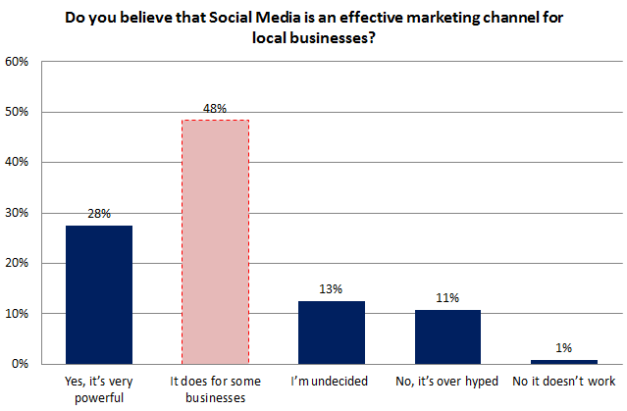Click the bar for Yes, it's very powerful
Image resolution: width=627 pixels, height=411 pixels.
coord(98,294)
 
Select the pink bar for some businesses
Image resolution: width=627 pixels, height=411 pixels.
coord(215,241)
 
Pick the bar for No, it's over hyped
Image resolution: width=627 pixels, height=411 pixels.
coord(447,336)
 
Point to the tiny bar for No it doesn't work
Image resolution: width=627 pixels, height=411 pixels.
coord(564,361)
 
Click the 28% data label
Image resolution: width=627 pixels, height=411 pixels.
coord(98,213)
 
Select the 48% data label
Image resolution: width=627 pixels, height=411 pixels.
coord(215,108)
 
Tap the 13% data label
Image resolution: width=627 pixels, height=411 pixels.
coord(331,288)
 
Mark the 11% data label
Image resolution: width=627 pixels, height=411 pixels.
coord(447,297)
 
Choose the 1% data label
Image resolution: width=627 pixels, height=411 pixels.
coord(564,347)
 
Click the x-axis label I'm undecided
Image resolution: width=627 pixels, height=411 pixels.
coord(331,381)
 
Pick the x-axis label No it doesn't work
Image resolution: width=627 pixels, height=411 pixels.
coord(564,381)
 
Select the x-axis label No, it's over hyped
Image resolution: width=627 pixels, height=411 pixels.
coord(447,381)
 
